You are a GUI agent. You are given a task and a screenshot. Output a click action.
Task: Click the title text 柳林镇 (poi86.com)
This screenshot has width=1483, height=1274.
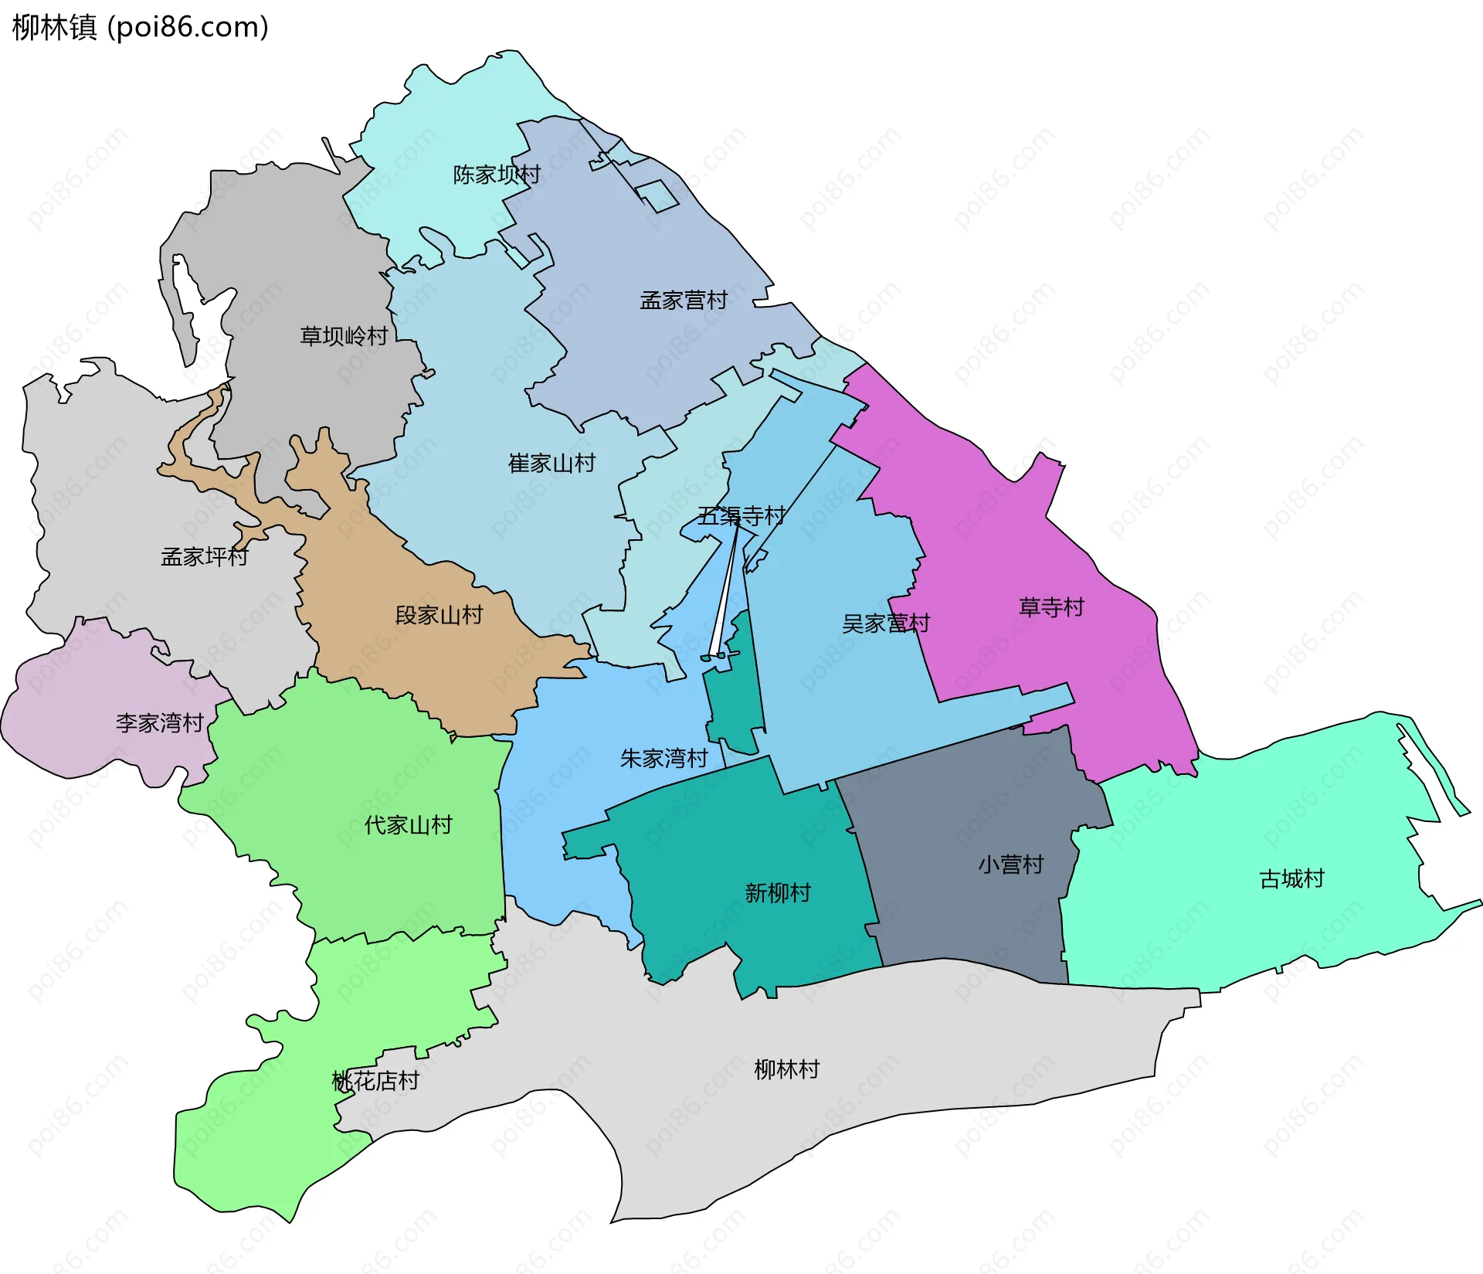[x=141, y=27]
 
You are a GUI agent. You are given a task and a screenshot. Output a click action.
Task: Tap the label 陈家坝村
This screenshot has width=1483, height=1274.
[x=496, y=175]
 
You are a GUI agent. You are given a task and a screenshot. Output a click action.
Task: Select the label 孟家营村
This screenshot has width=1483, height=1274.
[x=684, y=300]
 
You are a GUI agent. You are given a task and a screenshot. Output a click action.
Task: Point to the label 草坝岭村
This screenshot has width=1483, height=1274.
[x=344, y=336]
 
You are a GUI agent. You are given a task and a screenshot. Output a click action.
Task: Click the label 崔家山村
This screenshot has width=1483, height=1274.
[x=551, y=463]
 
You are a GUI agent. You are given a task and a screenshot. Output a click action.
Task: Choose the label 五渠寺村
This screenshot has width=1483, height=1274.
[x=741, y=515]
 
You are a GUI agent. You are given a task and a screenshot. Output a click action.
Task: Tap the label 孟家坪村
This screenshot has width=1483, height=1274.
[x=204, y=556]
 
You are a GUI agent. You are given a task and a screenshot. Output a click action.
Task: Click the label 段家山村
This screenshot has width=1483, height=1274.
[x=439, y=615]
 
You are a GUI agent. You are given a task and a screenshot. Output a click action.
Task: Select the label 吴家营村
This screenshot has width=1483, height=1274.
[x=885, y=623]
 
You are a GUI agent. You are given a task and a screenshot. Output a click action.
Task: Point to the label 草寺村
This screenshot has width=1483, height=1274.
[x=1051, y=606]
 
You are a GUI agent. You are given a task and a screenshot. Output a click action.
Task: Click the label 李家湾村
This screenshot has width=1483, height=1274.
[x=159, y=722]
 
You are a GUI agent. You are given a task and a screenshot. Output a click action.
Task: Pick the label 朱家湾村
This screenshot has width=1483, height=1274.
[x=663, y=758]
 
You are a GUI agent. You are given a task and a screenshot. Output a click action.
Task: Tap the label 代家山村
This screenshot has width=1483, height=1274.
[x=408, y=824]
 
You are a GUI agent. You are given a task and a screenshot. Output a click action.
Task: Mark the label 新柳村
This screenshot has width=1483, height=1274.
[x=778, y=892]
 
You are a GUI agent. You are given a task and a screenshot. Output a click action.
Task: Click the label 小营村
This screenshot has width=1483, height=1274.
[x=1010, y=864]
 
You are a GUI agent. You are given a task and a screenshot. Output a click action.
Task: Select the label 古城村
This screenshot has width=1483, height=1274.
[x=1291, y=878]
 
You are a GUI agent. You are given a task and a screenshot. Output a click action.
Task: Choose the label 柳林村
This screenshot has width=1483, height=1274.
[x=786, y=1069]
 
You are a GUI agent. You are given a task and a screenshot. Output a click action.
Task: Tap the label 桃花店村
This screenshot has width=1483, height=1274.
[x=375, y=1080]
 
